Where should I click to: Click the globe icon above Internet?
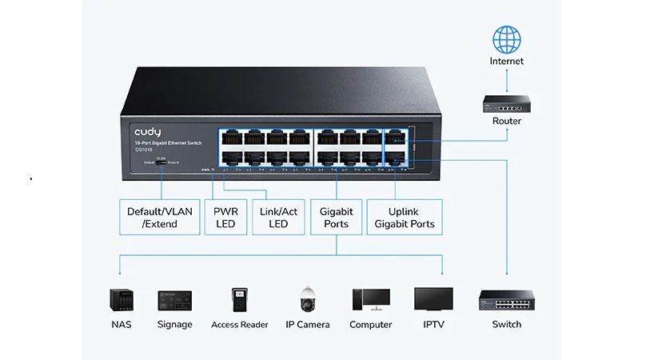pos(506,40)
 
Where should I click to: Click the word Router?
pos(506,121)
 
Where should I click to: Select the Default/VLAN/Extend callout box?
pos(160,217)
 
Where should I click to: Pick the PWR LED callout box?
pos(225,217)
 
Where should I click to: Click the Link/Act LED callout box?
pos(278,217)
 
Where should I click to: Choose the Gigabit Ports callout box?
pos(336,217)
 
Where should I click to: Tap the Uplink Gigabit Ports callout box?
pos(405,217)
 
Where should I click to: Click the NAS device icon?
pos(121,299)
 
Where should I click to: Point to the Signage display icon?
pos(174,300)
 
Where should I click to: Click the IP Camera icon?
pos(307,299)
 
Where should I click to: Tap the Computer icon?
pos(370,299)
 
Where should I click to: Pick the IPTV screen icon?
pos(433,298)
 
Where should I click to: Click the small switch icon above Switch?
pos(506,301)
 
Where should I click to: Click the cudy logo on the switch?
pos(147,131)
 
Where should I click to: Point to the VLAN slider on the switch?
pos(161,162)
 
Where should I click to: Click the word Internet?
pos(506,61)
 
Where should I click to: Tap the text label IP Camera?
pos(307,325)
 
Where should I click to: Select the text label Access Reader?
pos(239,325)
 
